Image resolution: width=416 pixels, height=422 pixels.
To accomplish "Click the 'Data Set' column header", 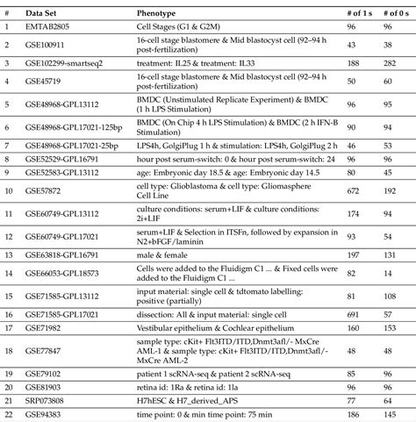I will pyautogui.click(x=43, y=14).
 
